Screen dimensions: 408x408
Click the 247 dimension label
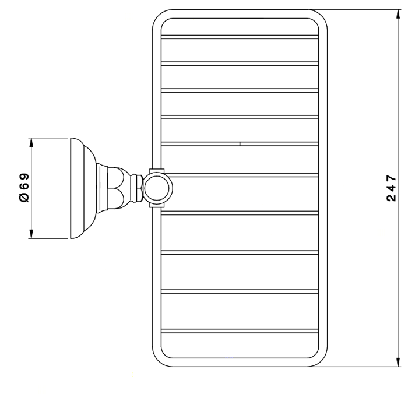coord(391,188)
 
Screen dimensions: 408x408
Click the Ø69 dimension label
coord(24,188)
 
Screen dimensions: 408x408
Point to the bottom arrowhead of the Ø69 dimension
coord(31,234)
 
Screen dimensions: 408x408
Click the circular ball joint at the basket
coord(158,188)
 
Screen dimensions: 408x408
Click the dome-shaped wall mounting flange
coord(83,188)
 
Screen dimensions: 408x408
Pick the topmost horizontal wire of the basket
coord(240,37)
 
